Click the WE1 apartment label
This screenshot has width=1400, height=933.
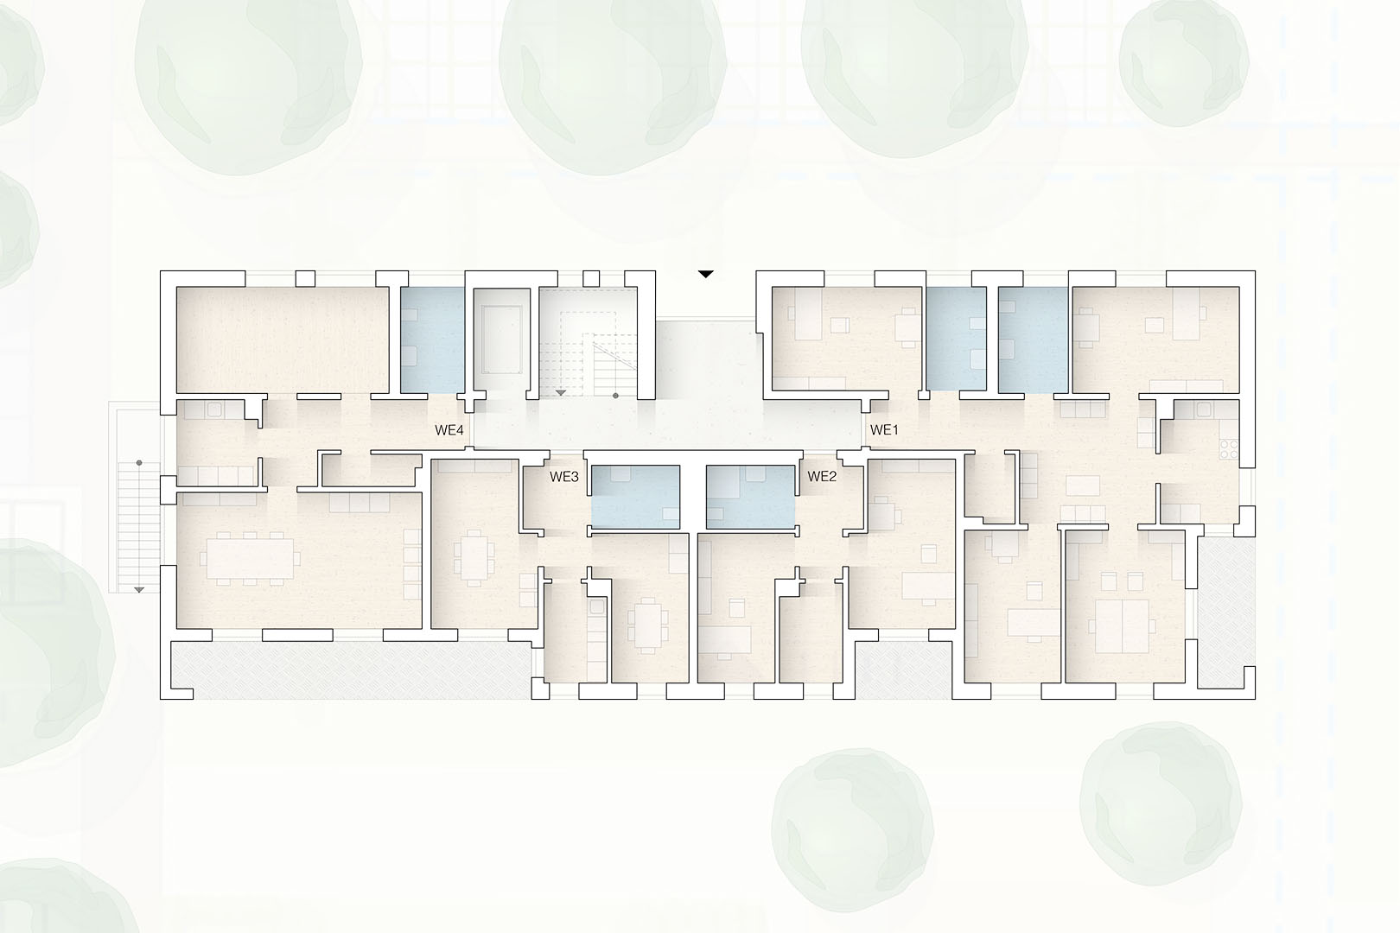tap(884, 429)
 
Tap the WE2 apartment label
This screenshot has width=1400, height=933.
tap(822, 477)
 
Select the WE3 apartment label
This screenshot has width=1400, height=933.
tap(563, 477)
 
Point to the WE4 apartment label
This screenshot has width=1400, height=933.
tap(449, 430)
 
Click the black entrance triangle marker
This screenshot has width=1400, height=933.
tap(706, 274)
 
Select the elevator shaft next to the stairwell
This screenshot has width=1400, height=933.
tap(502, 340)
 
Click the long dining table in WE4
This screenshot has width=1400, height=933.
tap(250, 558)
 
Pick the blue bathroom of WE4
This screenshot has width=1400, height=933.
tap(432, 340)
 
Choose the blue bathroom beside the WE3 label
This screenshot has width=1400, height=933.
tap(636, 497)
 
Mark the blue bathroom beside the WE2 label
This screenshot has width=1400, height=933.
tap(750, 497)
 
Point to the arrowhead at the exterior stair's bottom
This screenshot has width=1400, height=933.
tap(139, 590)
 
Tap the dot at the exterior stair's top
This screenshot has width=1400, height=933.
tap(139, 463)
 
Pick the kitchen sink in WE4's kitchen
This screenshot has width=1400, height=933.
tap(214, 409)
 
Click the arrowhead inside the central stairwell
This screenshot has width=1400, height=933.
tap(561, 392)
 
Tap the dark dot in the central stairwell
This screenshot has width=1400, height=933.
tap(615, 396)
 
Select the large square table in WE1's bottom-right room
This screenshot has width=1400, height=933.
tap(1122, 626)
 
